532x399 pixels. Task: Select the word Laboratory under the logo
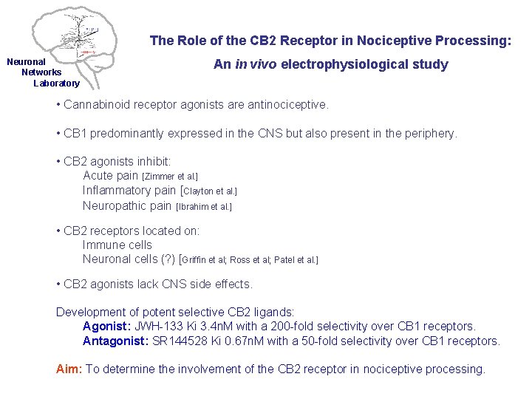(56, 83)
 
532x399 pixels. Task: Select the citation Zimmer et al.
(170, 177)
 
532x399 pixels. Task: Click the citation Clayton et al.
(210, 191)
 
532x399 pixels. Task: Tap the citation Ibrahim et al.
(204, 207)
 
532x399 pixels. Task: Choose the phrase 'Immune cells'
(117, 245)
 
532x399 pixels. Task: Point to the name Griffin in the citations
(194, 260)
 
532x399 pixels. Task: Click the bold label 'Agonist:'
(106, 326)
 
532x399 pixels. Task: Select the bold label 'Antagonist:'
(115, 341)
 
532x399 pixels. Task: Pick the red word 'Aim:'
(69, 369)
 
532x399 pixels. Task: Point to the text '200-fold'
(299, 326)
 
